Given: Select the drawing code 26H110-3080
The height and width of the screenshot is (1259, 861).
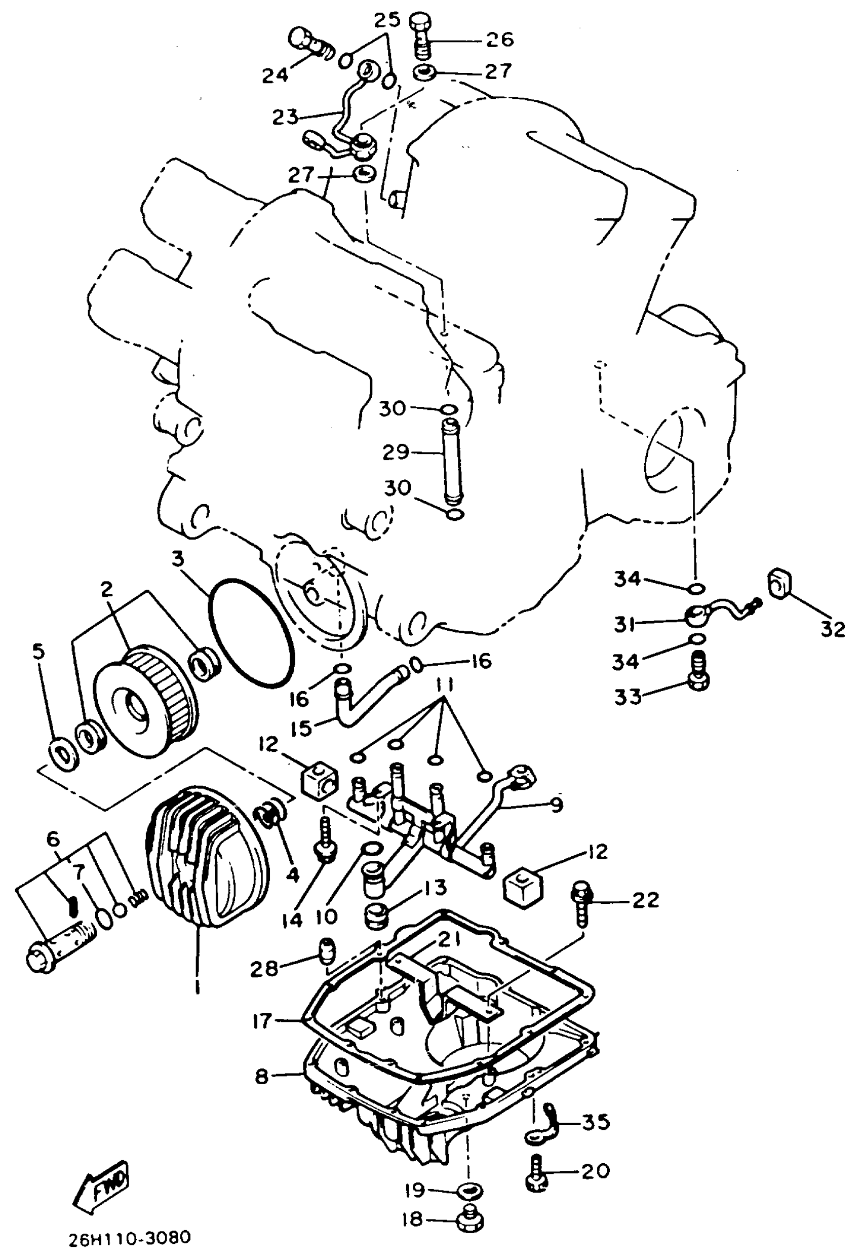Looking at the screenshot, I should [x=130, y=1238].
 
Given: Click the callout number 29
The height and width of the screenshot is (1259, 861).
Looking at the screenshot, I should [x=396, y=452].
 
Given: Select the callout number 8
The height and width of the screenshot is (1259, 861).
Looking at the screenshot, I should [x=261, y=1076].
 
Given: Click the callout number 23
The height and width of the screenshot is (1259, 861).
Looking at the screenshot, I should [x=285, y=116].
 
